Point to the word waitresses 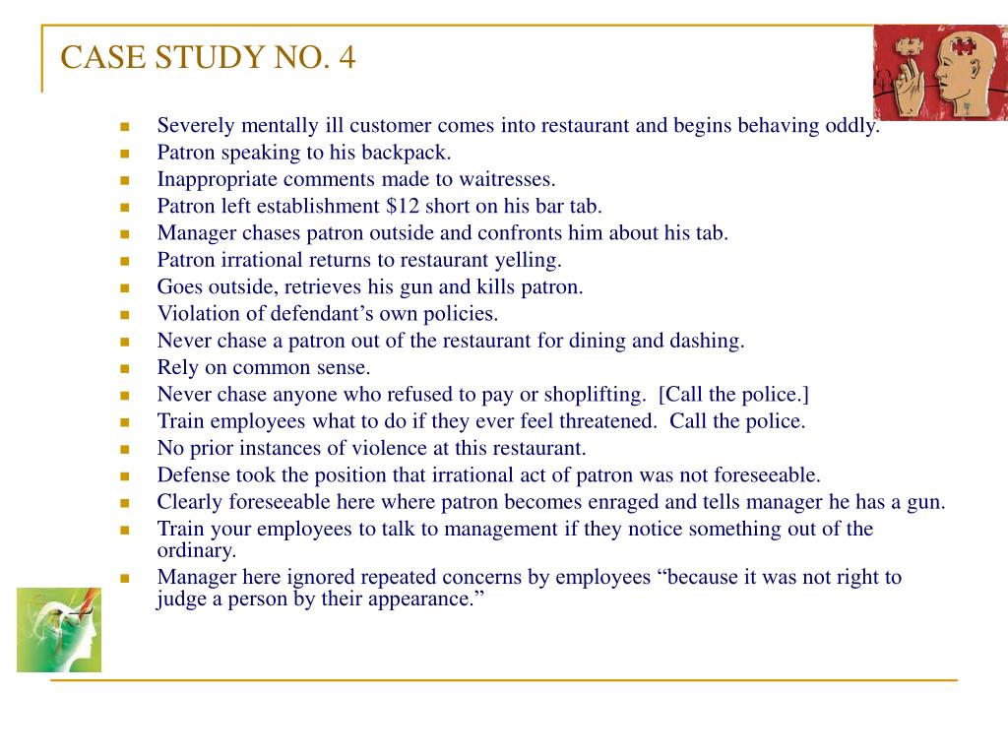[505, 180]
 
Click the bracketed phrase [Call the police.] [734, 395]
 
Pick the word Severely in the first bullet [196, 126]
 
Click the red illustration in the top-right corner [939, 72]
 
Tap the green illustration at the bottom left [59, 630]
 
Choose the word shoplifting [594, 395]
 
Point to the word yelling [531, 261]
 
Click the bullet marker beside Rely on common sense [125, 368]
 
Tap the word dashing [708, 342]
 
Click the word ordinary [197, 550]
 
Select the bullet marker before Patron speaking [125, 154]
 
